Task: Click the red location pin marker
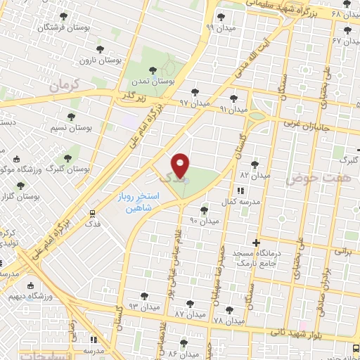[181, 165]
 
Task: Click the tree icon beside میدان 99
[221, 17]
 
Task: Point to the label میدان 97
[194, 103]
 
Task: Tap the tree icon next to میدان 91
[233, 98]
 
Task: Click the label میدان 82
[255, 174]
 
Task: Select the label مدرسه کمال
[238, 202]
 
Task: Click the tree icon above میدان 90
[204, 210]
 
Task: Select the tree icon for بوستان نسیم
[71, 117]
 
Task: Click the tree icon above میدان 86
[184, 343]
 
